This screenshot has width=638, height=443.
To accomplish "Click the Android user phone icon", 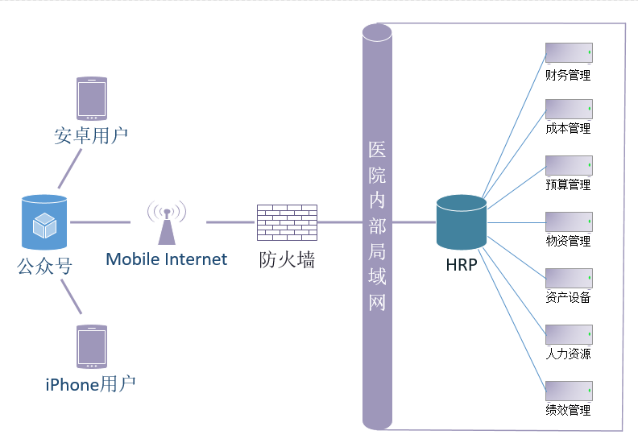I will pos(91,99).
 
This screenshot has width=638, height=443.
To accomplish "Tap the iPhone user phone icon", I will pos(91,346).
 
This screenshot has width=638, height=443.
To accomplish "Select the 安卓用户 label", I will pos(91,135).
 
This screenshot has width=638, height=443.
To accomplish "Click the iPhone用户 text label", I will pos(90,384).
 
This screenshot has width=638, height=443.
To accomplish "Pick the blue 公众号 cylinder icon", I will pos(44,222).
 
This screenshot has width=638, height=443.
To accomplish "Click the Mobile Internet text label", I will pos(167,259).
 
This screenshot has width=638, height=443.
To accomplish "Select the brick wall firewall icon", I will pos(287,222).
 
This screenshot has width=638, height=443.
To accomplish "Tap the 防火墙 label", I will pos(287,260).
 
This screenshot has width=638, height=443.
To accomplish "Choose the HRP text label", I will pos(462,264).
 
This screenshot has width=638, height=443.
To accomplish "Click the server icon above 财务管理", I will pos(569,53).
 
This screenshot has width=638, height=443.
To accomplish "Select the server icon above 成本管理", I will pos(569,110).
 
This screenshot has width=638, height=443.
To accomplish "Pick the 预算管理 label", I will pos(568,184).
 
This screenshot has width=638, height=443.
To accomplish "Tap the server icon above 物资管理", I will pos(569,222).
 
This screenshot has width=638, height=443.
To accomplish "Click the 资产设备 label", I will pos(568,297).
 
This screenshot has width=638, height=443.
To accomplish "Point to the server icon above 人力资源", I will pos(569,335).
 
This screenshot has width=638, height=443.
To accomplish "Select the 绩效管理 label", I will pos(568,410).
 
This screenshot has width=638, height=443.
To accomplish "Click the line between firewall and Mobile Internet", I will pos(231,222).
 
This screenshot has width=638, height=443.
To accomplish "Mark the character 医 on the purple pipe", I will pos(376,149).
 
